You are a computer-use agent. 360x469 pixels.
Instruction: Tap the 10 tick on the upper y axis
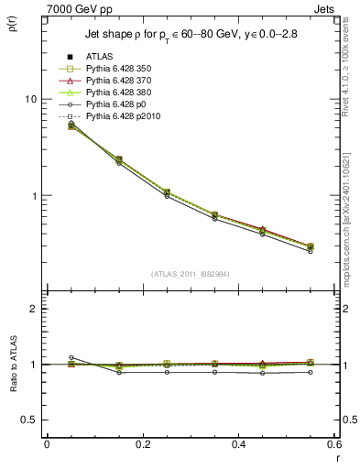pyautogui.click(x=33, y=99)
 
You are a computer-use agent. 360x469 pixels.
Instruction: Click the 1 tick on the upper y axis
pyautogui.click(x=36, y=196)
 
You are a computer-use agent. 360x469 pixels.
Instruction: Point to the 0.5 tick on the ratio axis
pyautogui.click(x=31, y=420)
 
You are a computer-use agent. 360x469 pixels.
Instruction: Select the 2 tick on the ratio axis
pyautogui.click(x=36, y=309)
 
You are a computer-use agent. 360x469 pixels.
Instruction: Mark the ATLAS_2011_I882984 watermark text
pyautogui.click(x=190, y=274)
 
